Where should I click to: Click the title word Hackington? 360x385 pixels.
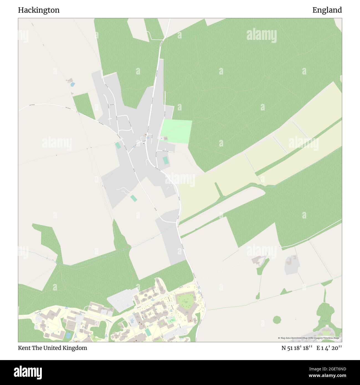[x=39, y=10]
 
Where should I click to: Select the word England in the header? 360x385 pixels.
[x=327, y=10]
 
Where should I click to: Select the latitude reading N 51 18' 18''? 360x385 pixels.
[x=297, y=348]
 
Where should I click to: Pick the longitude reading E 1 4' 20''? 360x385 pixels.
[x=330, y=348]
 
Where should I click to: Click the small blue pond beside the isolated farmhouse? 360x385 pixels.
[x=73, y=84]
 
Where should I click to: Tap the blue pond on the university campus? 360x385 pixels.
[x=68, y=335]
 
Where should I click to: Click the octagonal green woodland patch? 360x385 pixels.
[x=277, y=320]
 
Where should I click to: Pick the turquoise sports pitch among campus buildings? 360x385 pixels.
[x=148, y=332]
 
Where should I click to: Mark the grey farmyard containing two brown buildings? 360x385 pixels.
[x=292, y=265]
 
